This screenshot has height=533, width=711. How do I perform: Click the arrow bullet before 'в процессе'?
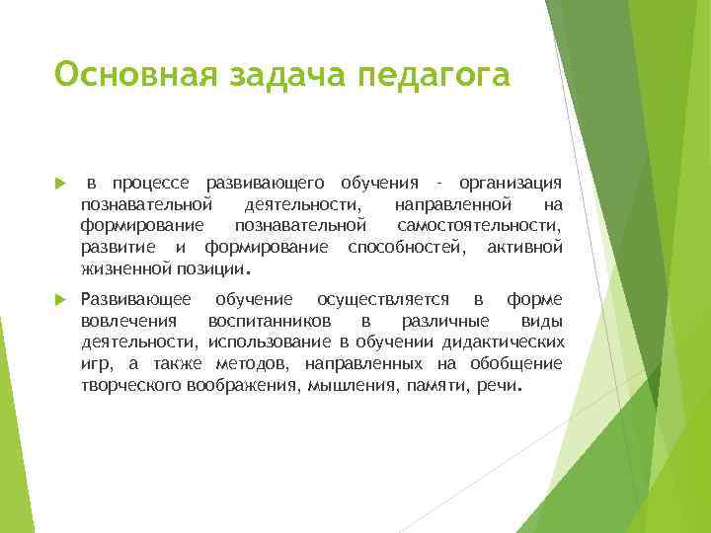60,185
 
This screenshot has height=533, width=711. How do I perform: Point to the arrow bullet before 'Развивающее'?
60,300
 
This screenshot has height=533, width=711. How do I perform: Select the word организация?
512,184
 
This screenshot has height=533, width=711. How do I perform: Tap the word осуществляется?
383,299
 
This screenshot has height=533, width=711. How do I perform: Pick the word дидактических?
506,342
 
